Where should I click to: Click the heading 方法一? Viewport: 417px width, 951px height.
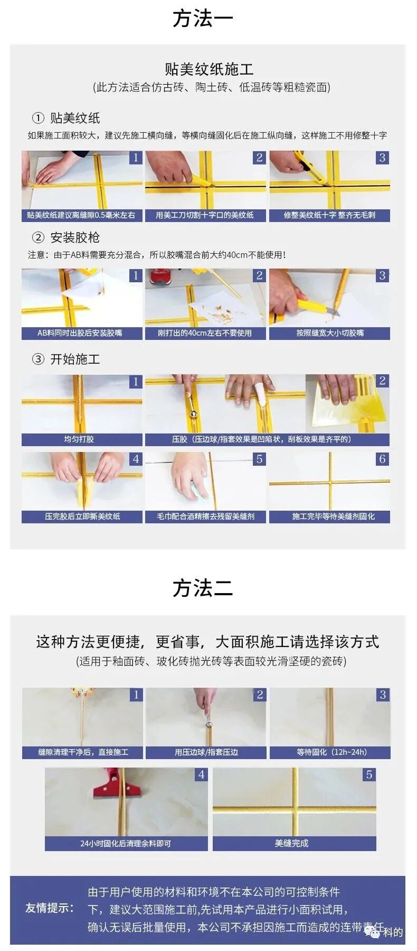pos(203,19)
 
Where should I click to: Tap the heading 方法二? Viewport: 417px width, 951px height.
pos(203,588)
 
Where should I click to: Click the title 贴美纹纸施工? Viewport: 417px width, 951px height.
pos(209,69)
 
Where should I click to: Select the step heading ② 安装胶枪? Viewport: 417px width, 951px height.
pos(66,237)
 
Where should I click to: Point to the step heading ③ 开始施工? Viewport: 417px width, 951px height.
pos(66,359)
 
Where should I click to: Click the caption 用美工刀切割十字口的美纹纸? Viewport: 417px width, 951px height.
pos(205,215)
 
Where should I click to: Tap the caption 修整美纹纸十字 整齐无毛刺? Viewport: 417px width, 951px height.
pos(329,215)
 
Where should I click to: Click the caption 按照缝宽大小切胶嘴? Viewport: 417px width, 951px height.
pos(329,333)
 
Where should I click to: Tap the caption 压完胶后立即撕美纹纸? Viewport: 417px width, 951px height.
pos(82,516)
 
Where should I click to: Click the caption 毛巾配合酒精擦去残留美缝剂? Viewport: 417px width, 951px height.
pos(205,516)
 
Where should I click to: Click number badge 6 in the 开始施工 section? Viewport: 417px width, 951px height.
pos(382,459)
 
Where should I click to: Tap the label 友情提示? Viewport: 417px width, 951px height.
pos(50,908)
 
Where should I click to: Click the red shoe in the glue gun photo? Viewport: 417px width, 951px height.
pos(161,275)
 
